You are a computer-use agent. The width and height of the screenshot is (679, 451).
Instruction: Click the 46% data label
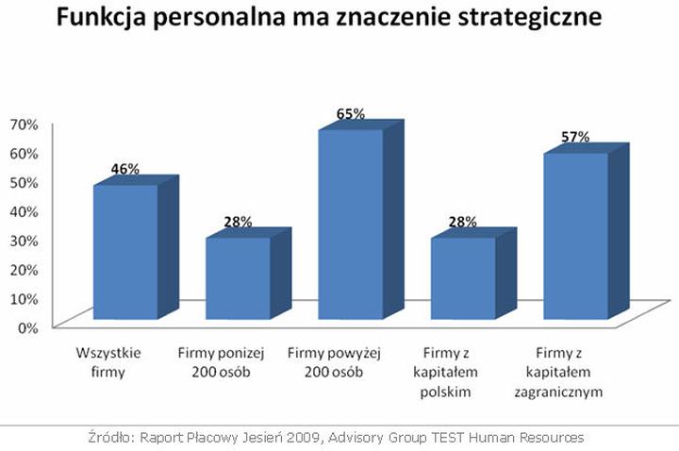[x=125, y=169]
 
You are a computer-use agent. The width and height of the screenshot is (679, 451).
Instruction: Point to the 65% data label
[x=350, y=114]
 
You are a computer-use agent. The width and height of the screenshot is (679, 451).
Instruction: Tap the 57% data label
[x=575, y=137]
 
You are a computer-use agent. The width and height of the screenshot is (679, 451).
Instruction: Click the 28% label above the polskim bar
[x=462, y=222]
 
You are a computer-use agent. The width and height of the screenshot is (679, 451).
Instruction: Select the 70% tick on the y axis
[x=23, y=123]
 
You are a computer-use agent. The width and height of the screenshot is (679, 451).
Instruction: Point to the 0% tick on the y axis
[x=26, y=327]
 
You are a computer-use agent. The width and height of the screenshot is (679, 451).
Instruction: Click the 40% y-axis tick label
[x=23, y=210]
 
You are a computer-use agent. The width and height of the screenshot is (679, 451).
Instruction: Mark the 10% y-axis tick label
[x=23, y=298]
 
